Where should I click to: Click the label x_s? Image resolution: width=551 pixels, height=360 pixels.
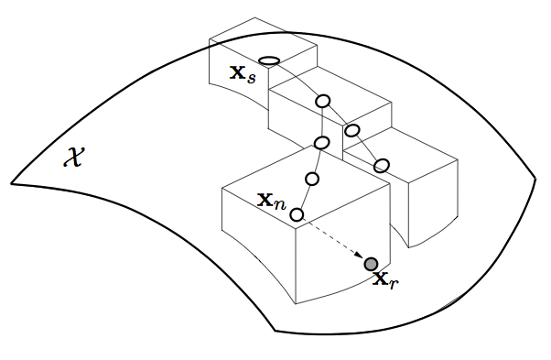(x=243, y=74)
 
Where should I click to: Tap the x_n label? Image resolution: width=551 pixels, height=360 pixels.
(x=272, y=201)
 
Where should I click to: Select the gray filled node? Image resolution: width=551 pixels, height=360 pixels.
(x=371, y=265)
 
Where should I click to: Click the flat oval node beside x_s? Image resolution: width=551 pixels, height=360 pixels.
(x=269, y=61)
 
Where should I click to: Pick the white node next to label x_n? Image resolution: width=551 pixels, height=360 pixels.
(x=297, y=214)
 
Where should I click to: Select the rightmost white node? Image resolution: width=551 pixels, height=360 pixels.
(x=382, y=165)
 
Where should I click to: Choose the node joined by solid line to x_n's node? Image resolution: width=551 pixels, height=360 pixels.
(x=311, y=179)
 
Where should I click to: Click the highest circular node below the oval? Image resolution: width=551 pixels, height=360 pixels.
(x=322, y=101)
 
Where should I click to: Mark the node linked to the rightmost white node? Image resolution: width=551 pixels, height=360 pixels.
(x=351, y=130)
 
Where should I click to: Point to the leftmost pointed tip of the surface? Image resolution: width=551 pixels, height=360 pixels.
(x=12, y=180)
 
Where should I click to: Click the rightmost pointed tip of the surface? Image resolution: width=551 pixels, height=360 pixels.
(x=536, y=177)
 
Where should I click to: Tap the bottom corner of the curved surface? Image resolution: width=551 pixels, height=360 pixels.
(x=275, y=331)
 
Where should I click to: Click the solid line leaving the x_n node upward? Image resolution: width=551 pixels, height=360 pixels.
(x=304, y=197)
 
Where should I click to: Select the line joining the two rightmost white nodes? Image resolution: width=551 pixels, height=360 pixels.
(x=366, y=147)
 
